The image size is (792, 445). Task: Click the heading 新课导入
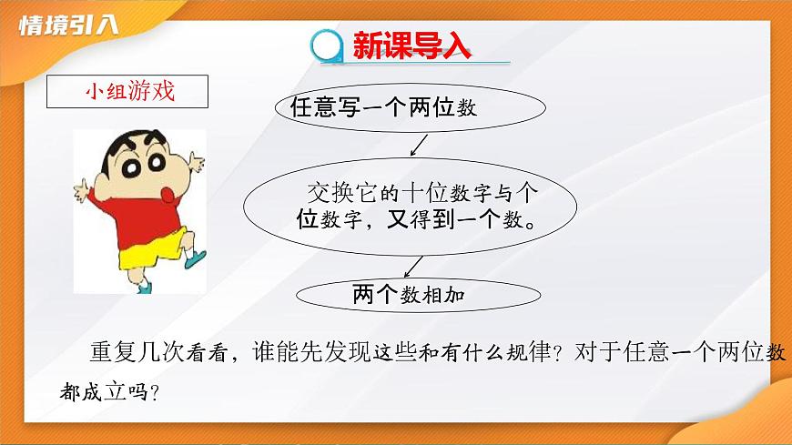(411, 46)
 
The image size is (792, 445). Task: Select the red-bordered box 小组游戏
(128, 92)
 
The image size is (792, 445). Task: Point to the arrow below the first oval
(419, 145)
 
